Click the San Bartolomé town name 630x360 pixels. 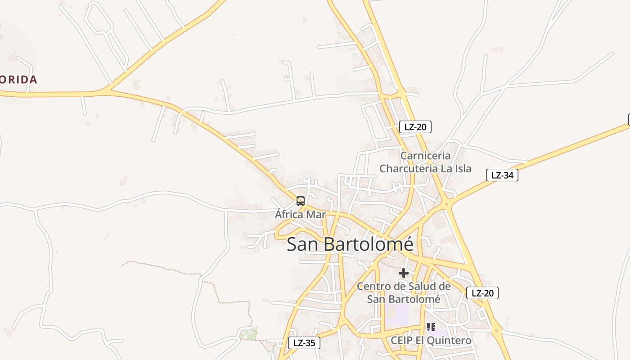(350, 244)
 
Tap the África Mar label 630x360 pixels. (300, 214)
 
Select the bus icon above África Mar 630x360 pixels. (301, 201)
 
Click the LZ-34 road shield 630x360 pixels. (502, 175)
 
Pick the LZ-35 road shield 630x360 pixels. (304, 343)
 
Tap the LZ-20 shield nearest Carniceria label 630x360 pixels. (415, 127)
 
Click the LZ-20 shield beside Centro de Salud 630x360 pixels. (482, 293)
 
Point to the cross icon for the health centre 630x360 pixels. (404, 273)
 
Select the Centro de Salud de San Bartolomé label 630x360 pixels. (404, 292)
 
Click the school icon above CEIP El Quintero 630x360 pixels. (431, 327)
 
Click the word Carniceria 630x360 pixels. (425, 156)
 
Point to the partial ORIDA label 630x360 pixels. (18, 80)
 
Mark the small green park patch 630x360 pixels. (249, 333)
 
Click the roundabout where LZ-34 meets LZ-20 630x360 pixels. (446, 204)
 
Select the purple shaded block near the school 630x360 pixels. (397, 315)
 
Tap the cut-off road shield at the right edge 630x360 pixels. (629, 120)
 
